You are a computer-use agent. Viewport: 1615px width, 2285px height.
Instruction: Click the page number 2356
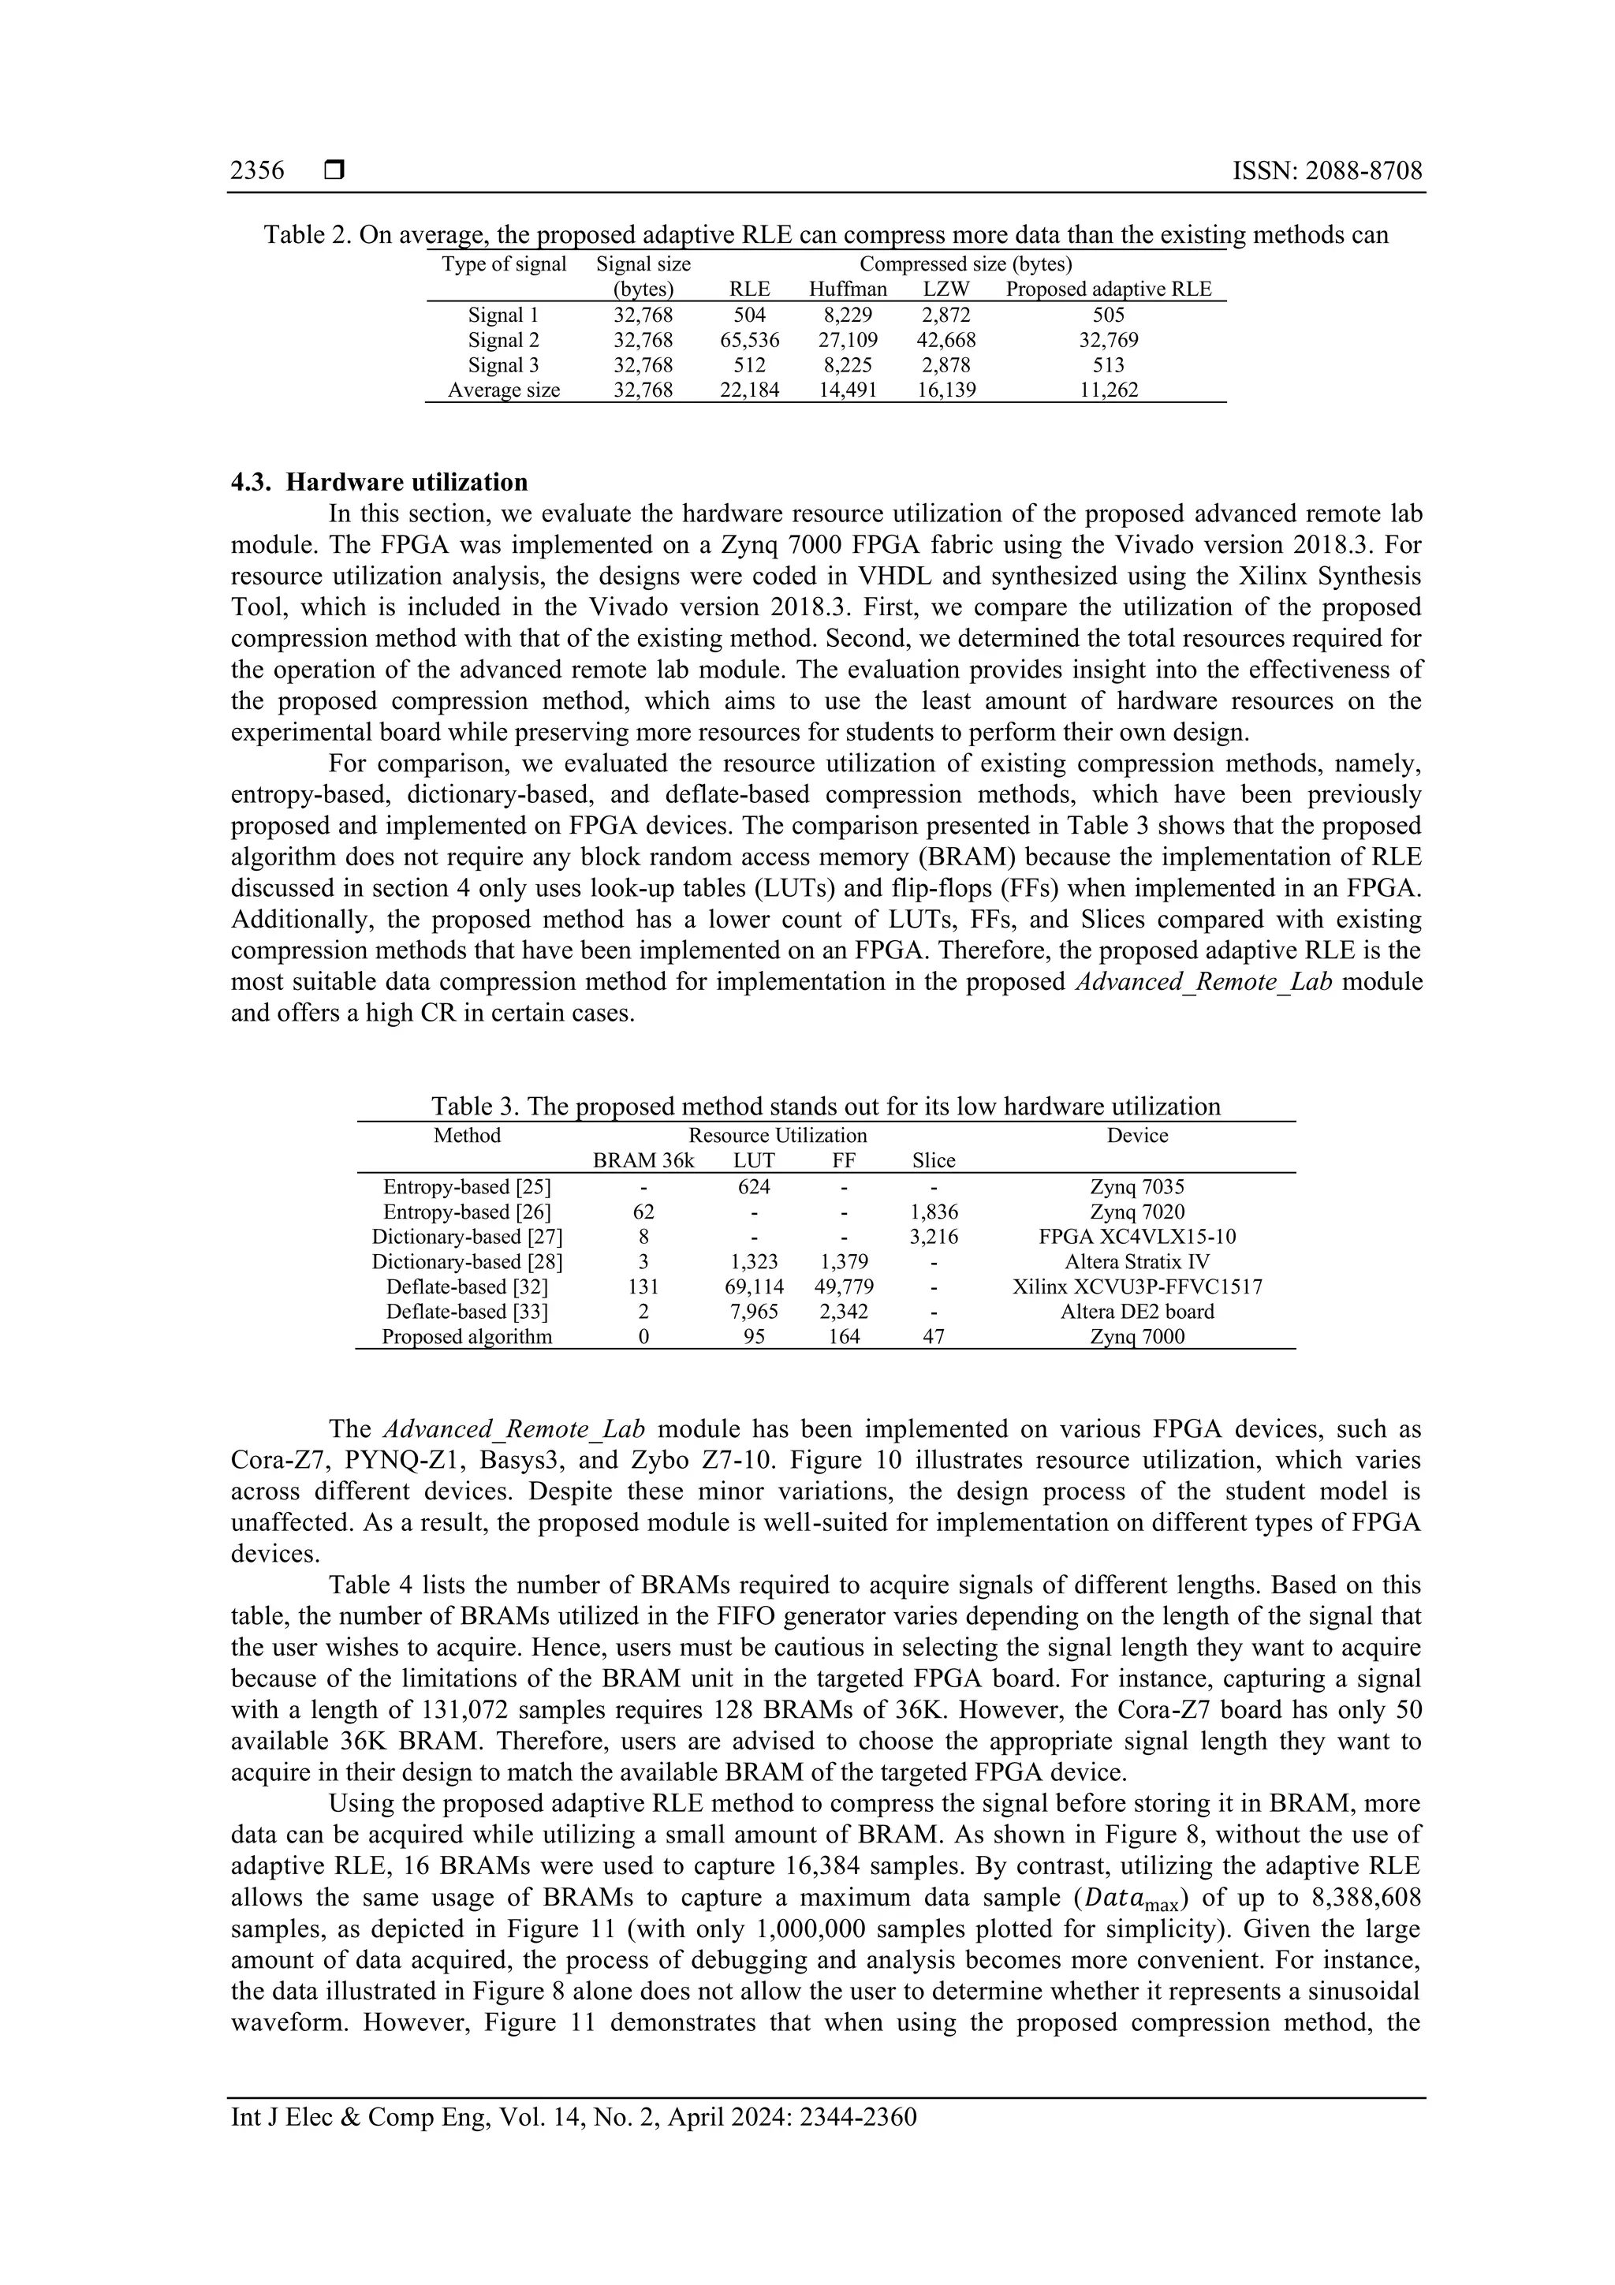tap(257, 171)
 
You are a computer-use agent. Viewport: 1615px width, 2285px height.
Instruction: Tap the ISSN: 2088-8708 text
tap(1327, 171)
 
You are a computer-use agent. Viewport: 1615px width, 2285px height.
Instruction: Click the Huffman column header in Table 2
tap(847, 289)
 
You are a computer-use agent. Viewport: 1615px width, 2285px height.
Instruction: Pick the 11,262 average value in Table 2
tap(1109, 390)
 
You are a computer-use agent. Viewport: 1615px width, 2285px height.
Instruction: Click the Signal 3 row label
tap(504, 365)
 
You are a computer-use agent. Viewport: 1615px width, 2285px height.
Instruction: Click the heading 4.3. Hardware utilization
tap(379, 483)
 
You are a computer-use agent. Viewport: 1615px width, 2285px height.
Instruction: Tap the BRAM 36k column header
tap(643, 1160)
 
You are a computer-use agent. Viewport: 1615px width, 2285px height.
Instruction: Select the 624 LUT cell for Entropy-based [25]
tap(753, 1187)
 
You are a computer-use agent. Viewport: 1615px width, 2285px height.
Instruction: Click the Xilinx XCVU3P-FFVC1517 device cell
tap(1137, 1286)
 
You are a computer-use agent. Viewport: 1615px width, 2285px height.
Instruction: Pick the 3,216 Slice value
tap(934, 1237)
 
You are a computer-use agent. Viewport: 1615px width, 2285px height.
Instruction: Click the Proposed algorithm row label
tap(467, 1338)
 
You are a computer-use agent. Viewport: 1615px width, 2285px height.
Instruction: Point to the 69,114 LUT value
tap(753, 1286)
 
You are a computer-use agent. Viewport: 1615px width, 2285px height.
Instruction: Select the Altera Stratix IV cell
tap(1137, 1262)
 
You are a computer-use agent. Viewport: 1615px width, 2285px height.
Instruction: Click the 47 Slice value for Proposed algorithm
tap(934, 1338)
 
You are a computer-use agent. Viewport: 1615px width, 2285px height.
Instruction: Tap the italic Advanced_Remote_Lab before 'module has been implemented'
tap(513, 1430)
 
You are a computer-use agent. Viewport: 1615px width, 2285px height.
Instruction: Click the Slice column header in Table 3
tap(934, 1160)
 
